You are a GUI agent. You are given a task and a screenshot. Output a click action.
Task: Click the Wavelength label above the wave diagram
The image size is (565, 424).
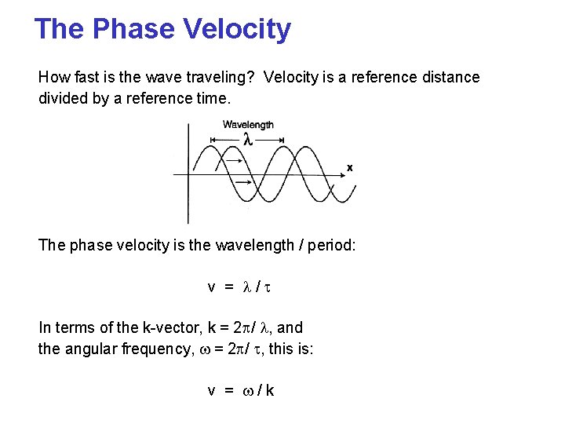click(x=248, y=124)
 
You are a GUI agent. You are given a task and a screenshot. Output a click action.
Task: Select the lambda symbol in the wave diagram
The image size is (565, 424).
click(x=247, y=140)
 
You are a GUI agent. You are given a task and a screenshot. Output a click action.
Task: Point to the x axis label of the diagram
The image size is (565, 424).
click(x=349, y=167)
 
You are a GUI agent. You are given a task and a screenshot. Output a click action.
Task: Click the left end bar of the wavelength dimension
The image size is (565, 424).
click(x=211, y=140)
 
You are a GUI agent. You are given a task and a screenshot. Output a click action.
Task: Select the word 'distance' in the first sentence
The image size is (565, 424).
click(x=453, y=77)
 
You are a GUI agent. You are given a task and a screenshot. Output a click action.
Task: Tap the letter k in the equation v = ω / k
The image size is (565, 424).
click(x=270, y=389)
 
